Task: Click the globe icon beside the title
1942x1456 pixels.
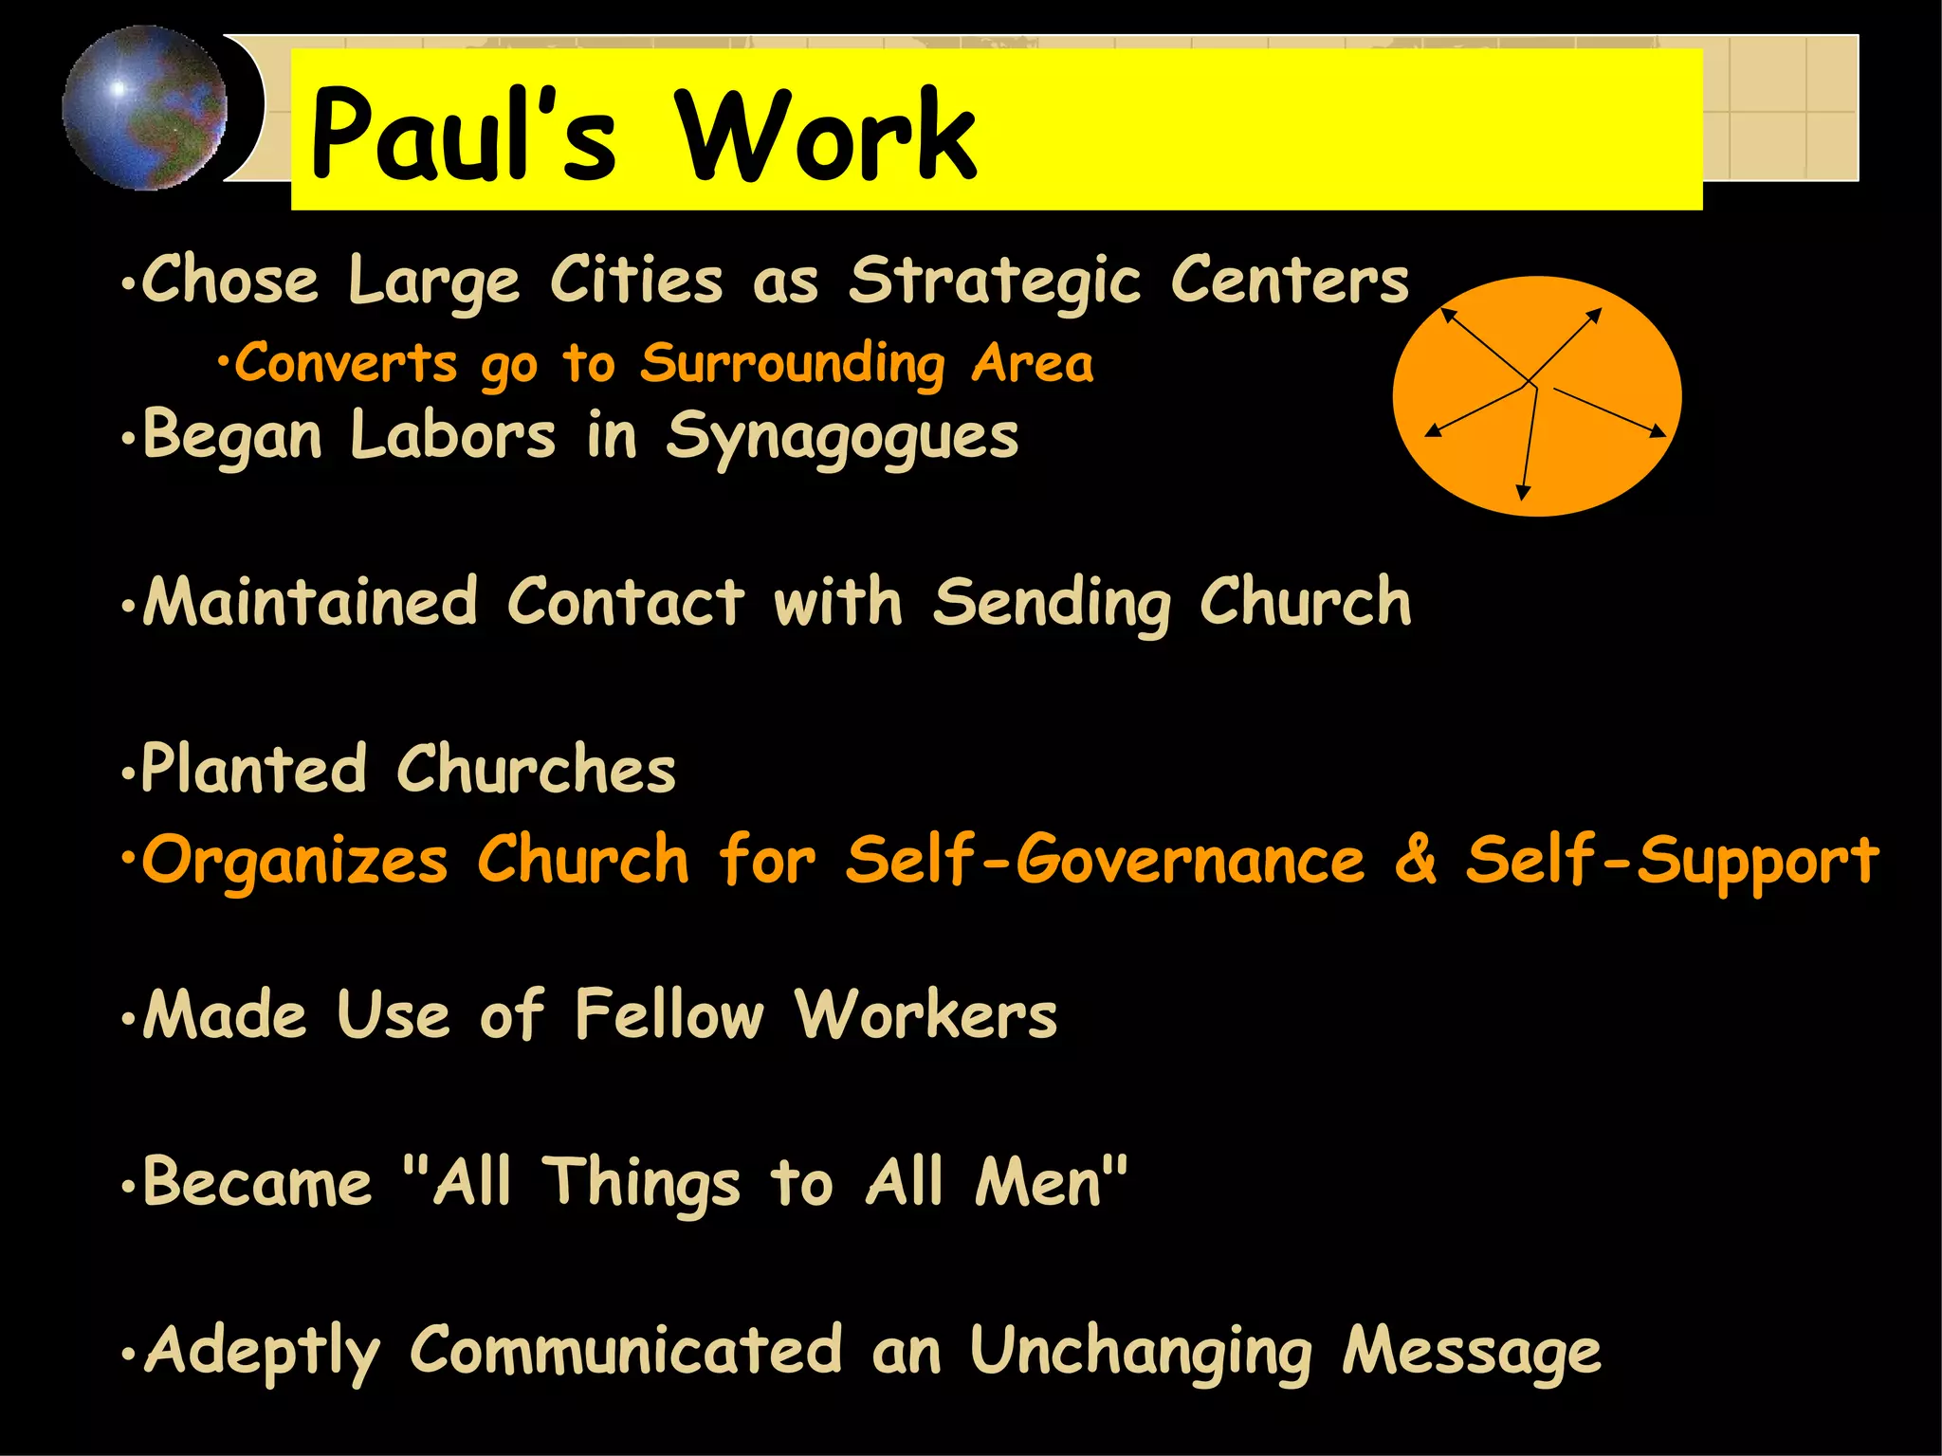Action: (x=145, y=107)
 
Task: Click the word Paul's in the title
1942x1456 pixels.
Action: (x=464, y=135)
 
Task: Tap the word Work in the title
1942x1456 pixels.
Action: (x=824, y=135)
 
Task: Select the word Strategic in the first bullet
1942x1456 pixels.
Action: (x=995, y=282)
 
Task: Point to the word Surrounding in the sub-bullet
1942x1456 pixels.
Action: (x=792, y=364)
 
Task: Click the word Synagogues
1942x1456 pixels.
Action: (x=842, y=438)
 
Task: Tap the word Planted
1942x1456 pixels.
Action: (x=253, y=769)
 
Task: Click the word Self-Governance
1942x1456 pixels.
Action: (x=1106, y=861)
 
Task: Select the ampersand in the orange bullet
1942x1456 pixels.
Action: (x=1415, y=859)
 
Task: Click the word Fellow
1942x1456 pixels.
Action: (x=669, y=1015)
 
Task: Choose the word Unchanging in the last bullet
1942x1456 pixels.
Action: (x=1141, y=1352)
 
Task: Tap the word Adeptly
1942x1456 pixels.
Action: (x=263, y=1352)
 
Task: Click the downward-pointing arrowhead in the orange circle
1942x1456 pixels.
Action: (x=1523, y=492)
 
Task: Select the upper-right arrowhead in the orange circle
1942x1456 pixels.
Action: (x=1595, y=315)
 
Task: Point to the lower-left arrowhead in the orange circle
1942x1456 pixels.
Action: (x=1433, y=431)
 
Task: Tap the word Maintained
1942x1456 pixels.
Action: (x=310, y=602)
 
